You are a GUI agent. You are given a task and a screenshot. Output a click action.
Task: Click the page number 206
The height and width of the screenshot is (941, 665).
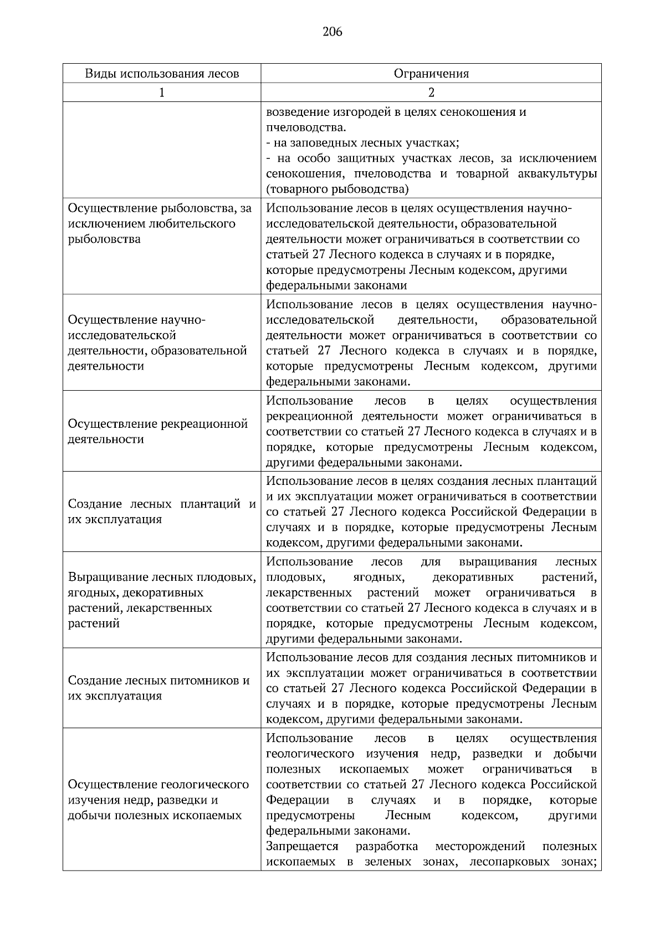[332, 32]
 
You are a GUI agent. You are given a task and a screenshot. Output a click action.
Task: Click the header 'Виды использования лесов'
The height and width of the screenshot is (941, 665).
[162, 74]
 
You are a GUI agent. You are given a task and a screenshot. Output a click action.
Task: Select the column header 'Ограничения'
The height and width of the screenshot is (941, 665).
[431, 74]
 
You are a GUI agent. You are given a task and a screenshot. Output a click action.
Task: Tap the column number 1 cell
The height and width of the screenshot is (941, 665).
[162, 93]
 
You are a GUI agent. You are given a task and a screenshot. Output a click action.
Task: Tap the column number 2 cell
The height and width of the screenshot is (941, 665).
[431, 93]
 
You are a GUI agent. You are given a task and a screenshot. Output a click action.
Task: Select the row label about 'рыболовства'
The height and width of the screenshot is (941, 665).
[160, 224]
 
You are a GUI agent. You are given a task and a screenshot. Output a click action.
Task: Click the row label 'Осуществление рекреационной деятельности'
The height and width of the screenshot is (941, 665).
[157, 432]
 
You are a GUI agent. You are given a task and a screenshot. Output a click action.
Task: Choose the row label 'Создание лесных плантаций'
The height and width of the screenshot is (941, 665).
[162, 512]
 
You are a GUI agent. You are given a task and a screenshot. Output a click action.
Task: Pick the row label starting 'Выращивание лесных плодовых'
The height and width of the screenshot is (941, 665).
[162, 600]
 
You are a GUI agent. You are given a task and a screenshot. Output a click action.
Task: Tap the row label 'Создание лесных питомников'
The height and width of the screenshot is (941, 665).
[158, 688]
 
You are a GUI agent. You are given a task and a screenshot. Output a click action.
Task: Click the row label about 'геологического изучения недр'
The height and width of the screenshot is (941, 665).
[158, 800]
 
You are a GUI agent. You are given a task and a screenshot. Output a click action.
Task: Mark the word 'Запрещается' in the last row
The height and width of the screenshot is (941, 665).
[302, 847]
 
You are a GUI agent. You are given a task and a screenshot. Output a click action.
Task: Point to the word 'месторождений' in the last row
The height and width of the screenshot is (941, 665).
[480, 847]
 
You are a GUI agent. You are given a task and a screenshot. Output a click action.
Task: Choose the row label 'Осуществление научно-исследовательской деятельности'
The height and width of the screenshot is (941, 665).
[157, 343]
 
